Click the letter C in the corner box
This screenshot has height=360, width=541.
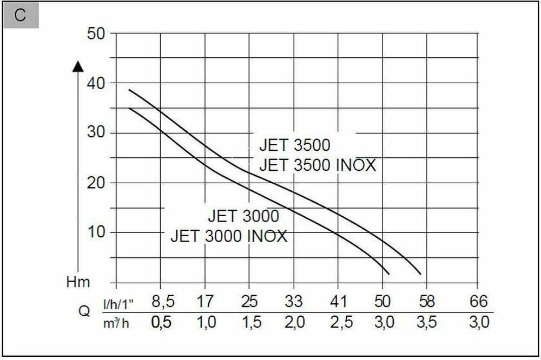(20, 15)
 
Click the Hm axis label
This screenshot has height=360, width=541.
(78, 282)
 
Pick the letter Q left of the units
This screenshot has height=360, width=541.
(84, 312)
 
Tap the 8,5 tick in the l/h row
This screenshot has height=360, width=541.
(161, 301)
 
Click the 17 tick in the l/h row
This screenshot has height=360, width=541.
(205, 301)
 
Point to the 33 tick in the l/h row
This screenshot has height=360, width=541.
(293, 301)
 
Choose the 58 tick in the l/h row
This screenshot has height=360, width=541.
(426, 301)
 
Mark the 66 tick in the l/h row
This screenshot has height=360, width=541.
(479, 301)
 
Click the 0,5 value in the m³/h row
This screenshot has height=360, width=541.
(161, 323)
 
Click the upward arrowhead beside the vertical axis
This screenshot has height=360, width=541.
(78, 66)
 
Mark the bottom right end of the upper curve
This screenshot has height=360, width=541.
(420, 274)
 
